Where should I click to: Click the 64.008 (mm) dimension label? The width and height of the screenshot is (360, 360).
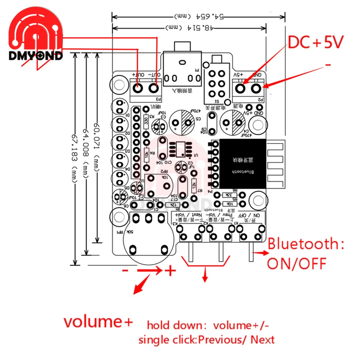85,151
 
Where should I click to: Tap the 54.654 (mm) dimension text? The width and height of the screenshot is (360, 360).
198,17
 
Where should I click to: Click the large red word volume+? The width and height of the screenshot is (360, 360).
98,321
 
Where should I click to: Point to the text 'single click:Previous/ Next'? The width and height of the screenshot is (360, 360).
207,339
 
